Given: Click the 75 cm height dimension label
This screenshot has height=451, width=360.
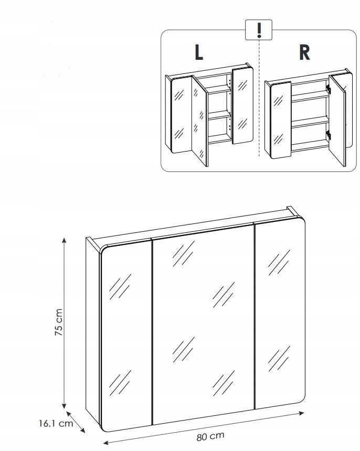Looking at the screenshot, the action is (x=58, y=322).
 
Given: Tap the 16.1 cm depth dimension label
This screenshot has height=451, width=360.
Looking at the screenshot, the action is (x=56, y=423).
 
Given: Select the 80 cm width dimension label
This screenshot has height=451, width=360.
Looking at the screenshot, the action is (x=210, y=436).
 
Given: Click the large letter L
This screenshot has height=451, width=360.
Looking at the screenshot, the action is (x=199, y=52).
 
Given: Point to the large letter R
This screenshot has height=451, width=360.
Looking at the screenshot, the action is (x=304, y=52).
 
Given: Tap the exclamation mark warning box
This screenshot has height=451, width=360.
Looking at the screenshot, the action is (x=259, y=29).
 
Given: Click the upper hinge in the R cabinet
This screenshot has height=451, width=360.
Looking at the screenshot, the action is (x=328, y=89).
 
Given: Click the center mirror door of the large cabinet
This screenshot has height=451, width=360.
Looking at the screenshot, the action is (x=204, y=324).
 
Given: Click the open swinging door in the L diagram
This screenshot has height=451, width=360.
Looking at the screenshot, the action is (x=200, y=120).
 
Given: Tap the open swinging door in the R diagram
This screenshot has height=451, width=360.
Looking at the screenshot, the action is (x=337, y=120).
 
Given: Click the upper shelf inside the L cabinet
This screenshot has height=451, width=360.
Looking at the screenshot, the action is (x=219, y=90).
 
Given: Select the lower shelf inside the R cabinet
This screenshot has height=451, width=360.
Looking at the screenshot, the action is (x=310, y=124).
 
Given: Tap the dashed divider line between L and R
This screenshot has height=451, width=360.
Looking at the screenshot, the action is (x=259, y=98).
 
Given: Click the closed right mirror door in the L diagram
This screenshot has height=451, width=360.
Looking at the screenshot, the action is (x=242, y=105).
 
